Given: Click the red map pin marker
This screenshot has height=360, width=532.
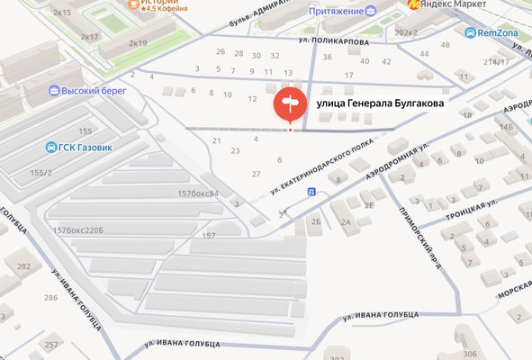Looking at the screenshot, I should pos(290,106).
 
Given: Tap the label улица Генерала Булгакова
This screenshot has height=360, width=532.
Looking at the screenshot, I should pos(380,105).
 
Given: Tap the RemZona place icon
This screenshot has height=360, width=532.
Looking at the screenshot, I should pos(471,32).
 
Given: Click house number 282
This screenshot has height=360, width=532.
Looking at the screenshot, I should pos(24,266).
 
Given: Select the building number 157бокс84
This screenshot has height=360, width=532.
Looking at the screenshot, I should pos(198,193).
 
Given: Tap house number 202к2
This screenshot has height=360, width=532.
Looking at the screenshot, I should pos(406,32).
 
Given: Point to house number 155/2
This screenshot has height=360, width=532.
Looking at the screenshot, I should pos(41,173).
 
